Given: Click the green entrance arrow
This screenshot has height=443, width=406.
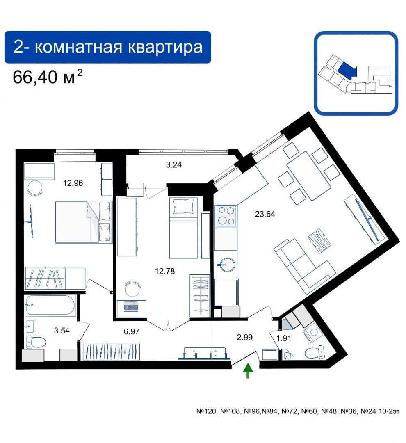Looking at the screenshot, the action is point(248,371).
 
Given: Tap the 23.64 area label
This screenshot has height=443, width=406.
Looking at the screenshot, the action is point(265,214).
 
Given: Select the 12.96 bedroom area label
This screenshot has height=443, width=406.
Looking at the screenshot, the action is point(73,183).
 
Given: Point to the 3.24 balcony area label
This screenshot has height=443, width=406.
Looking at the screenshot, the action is point(173,165).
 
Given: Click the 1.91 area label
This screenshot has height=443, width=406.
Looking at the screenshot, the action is point(283,338).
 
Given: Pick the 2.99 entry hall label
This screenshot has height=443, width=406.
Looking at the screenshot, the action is point(245,337).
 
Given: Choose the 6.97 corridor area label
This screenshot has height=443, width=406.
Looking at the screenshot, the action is point(131,331).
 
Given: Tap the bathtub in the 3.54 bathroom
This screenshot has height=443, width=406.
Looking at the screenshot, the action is point(50,306).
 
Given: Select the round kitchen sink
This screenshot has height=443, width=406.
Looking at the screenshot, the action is point(227,265).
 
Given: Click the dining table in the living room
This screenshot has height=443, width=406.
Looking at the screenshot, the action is point(308,176).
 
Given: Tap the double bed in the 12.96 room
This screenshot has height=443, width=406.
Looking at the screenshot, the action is point(83,222).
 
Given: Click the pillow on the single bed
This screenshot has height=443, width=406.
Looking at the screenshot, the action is point(184,206).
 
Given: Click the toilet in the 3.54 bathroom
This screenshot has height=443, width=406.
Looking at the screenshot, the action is point(36,342).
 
